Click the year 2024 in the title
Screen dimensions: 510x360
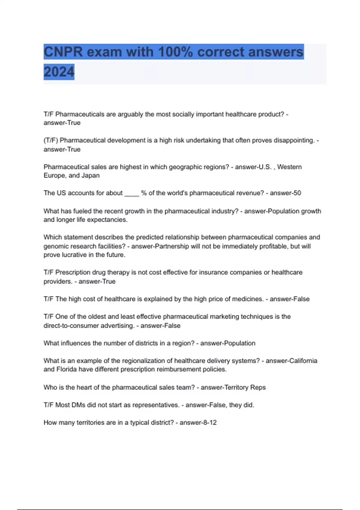pos(59,72)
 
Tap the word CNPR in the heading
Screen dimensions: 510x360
pos(63,52)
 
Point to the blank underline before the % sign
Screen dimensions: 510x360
pos(132,193)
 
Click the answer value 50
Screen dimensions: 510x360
pos(297,193)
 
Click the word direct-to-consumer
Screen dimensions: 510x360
pos(70,326)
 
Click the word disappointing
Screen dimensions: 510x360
pos(294,140)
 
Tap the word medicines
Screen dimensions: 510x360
pos(248,299)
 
